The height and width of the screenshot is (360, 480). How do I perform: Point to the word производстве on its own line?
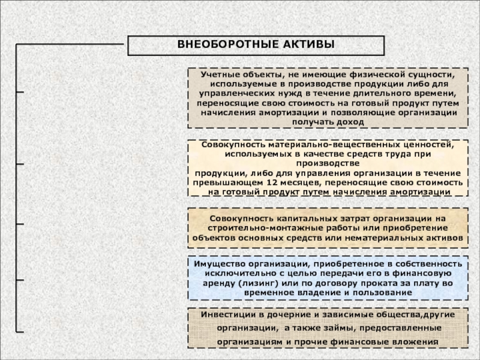click(x=328, y=163)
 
